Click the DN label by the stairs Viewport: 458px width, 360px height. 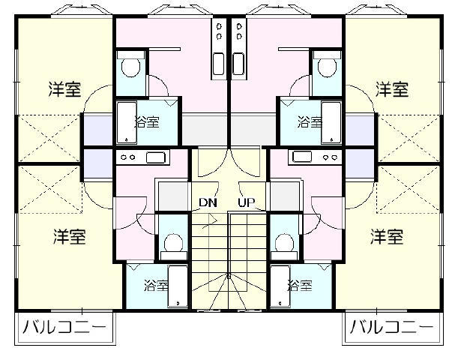coord(208,202)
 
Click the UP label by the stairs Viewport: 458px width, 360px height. coord(246,202)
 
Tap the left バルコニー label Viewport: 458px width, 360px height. coord(64,327)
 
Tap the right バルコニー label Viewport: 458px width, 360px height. coord(391,327)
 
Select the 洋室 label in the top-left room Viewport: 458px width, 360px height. coord(64,89)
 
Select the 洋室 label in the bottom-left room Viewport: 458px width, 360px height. coord(70,237)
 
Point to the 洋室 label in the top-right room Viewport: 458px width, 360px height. coord(392,89)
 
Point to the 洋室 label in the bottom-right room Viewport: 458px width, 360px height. coord(387,237)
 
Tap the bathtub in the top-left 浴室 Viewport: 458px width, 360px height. coord(127,123)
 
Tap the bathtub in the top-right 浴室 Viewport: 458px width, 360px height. coord(331,123)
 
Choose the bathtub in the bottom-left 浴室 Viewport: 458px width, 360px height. coord(178,286)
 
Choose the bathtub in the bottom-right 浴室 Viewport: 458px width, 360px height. coord(280,286)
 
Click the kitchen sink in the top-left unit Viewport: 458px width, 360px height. coord(218,64)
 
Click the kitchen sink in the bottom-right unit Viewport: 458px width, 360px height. coord(302,157)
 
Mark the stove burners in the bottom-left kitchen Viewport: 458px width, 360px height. coord(128,157)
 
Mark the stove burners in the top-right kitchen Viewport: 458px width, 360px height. coord(240,31)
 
